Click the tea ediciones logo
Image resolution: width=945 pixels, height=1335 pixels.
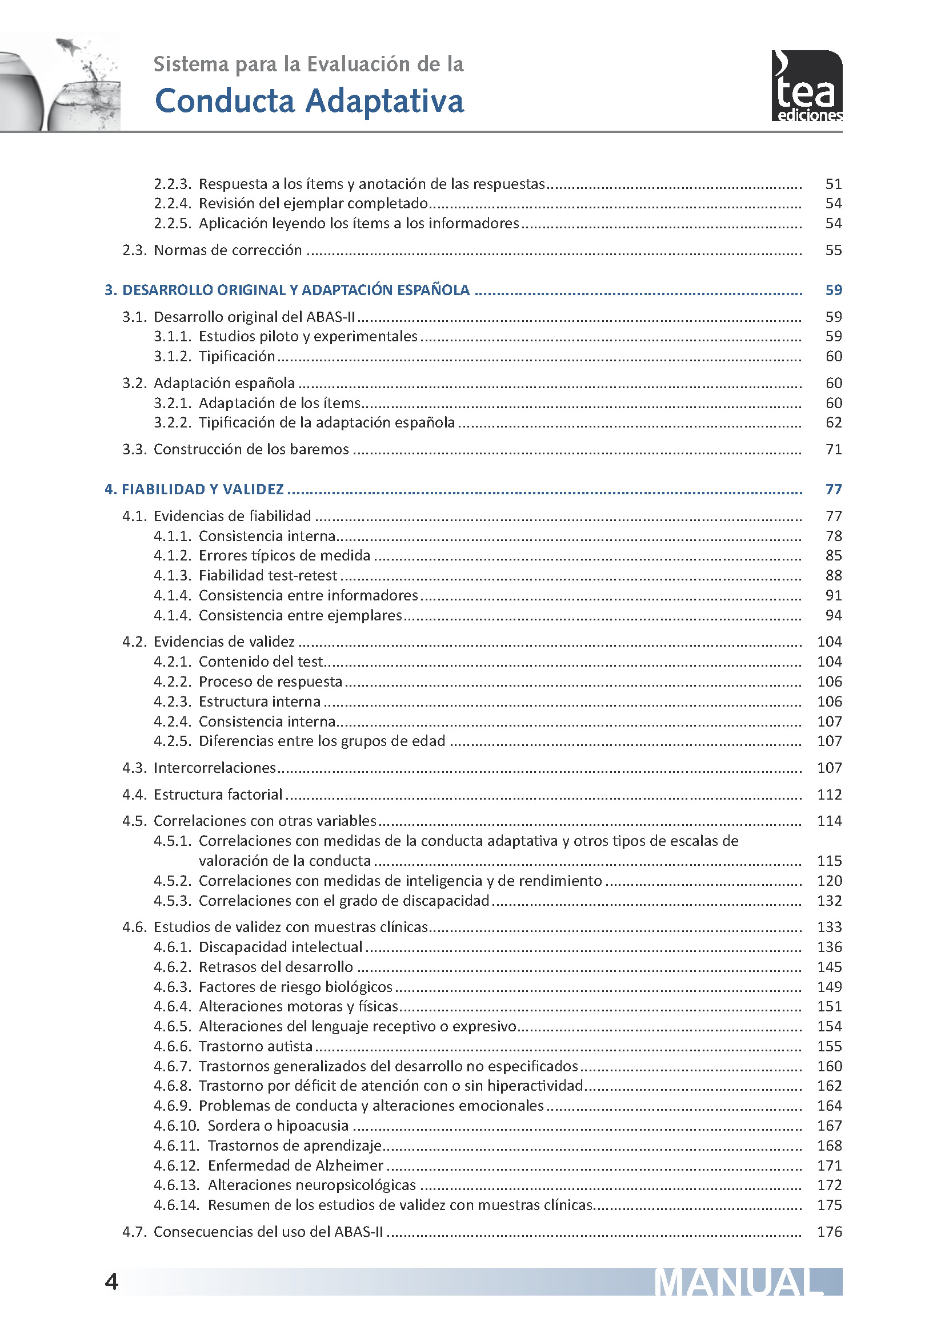[x=807, y=86]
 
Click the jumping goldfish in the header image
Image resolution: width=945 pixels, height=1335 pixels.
[x=69, y=45]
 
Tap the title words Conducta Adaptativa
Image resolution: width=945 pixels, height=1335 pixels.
[x=309, y=101]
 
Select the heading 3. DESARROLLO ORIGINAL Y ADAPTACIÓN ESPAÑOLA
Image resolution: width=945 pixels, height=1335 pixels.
[x=287, y=290]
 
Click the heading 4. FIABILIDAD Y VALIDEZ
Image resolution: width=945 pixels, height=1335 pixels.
[x=194, y=490]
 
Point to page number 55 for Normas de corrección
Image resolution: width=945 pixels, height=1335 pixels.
[x=833, y=251]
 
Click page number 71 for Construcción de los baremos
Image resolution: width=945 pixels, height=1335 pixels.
[x=833, y=449]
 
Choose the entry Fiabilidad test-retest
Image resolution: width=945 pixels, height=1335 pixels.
[x=267, y=576]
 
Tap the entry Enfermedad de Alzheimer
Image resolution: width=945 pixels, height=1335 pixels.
[x=295, y=1166]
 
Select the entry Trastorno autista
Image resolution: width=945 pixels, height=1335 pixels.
[x=255, y=1047]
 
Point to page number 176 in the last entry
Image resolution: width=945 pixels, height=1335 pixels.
[x=829, y=1232]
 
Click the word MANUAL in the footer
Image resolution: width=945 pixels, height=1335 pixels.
[x=739, y=1282]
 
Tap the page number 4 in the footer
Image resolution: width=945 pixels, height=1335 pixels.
[x=111, y=1282]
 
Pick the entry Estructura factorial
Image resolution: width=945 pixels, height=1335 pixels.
[x=218, y=795]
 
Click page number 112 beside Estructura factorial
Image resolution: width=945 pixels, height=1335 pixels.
[x=829, y=795]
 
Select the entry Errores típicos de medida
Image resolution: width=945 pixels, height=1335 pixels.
[x=285, y=556]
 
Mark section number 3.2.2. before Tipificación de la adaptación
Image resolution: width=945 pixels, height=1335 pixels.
[x=172, y=423]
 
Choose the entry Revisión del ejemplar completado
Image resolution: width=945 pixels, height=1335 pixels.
[x=313, y=204]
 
